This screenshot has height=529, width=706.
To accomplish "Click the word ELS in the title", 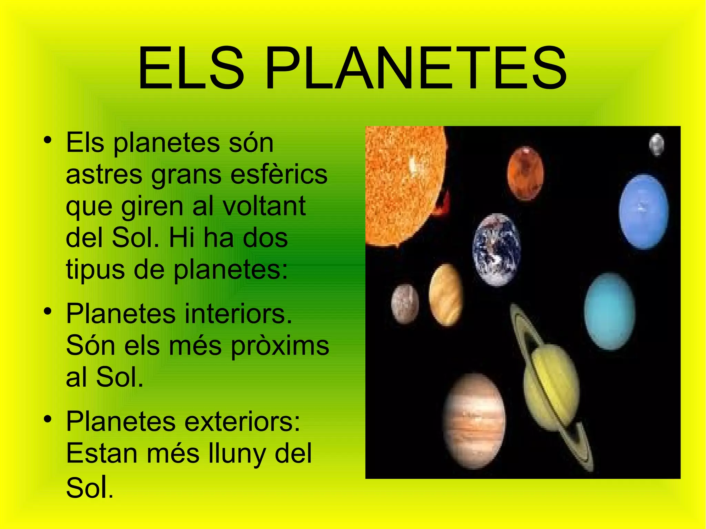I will click(x=191, y=69).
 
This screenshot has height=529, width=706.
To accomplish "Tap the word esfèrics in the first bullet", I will click(x=279, y=174).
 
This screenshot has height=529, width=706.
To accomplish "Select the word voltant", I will click(x=264, y=206).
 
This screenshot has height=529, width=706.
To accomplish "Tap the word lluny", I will click(x=238, y=454).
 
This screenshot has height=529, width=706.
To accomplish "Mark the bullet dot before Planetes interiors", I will click(x=48, y=311).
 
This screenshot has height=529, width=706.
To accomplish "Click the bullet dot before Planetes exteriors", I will click(x=48, y=419).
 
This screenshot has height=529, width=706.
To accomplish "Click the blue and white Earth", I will click(x=496, y=250).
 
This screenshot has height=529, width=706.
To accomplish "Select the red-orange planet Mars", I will click(x=525, y=173).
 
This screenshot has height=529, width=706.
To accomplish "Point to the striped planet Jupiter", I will click(x=474, y=421).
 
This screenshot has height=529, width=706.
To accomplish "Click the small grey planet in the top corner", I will click(x=657, y=144).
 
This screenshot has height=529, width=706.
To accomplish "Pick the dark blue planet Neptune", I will click(x=643, y=211).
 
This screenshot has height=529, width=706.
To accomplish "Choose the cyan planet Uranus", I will click(x=610, y=311).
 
